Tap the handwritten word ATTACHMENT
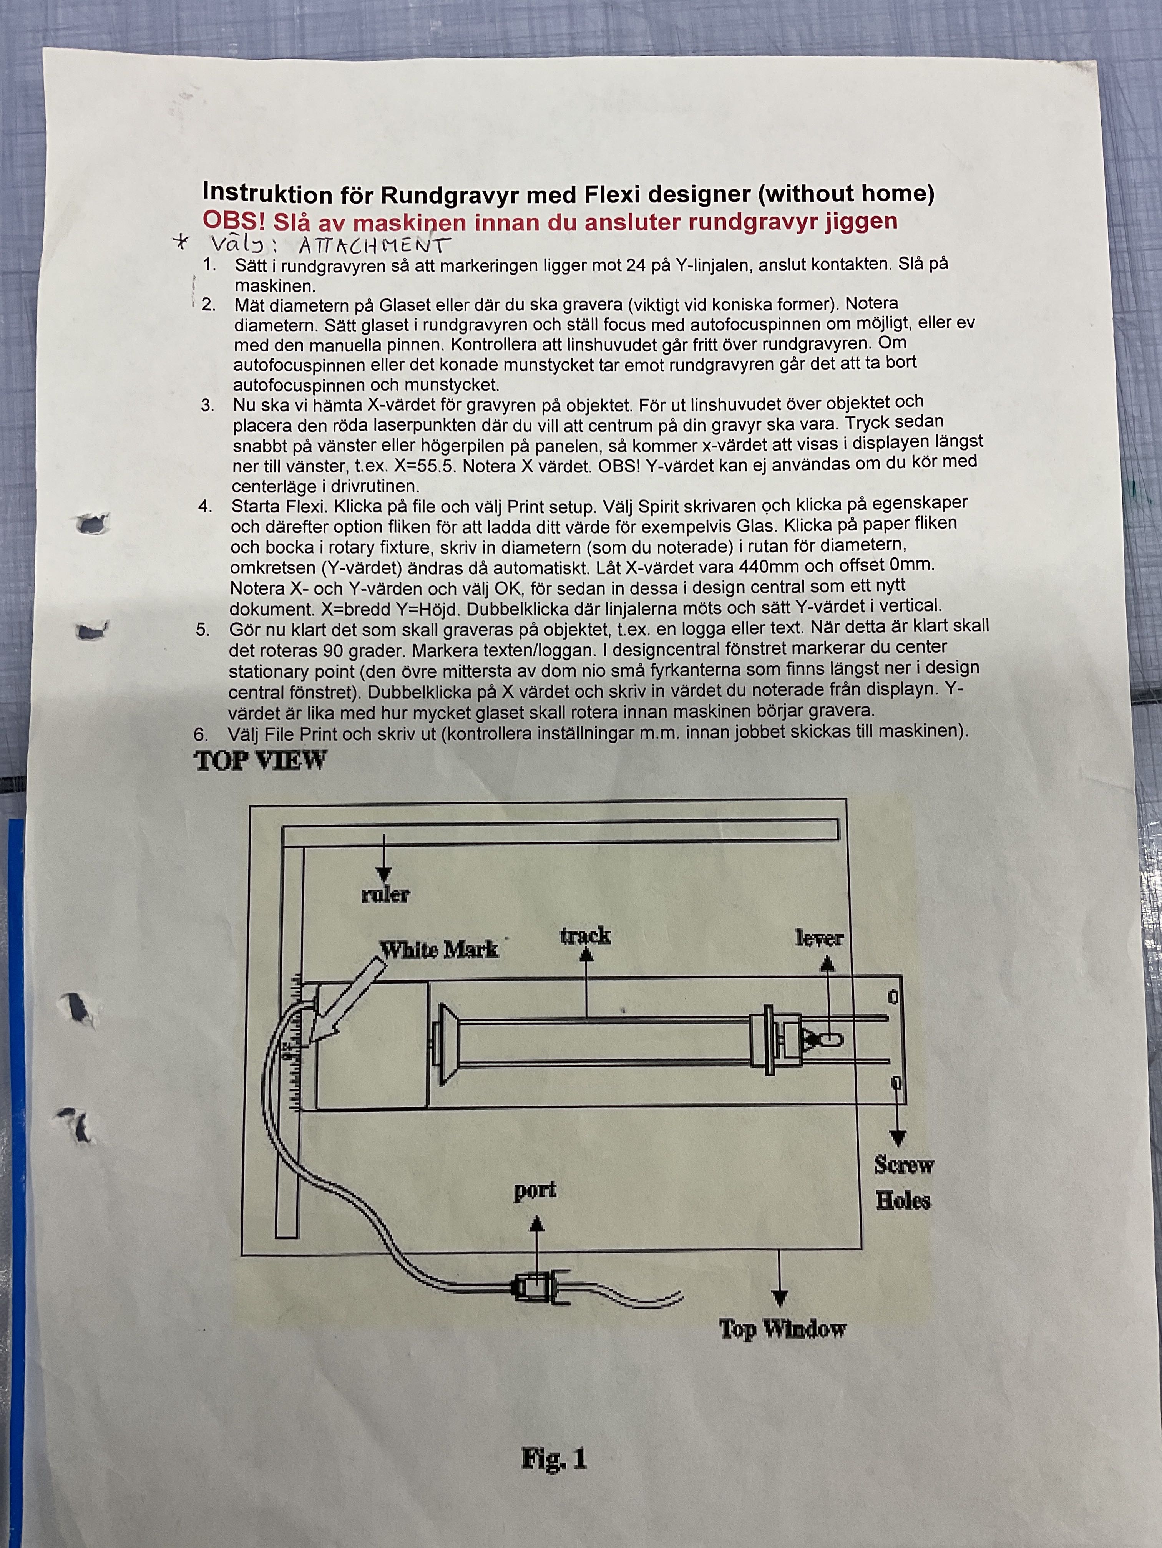[374, 245]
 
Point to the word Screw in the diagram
[904, 1165]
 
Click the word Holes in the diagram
[903, 1201]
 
